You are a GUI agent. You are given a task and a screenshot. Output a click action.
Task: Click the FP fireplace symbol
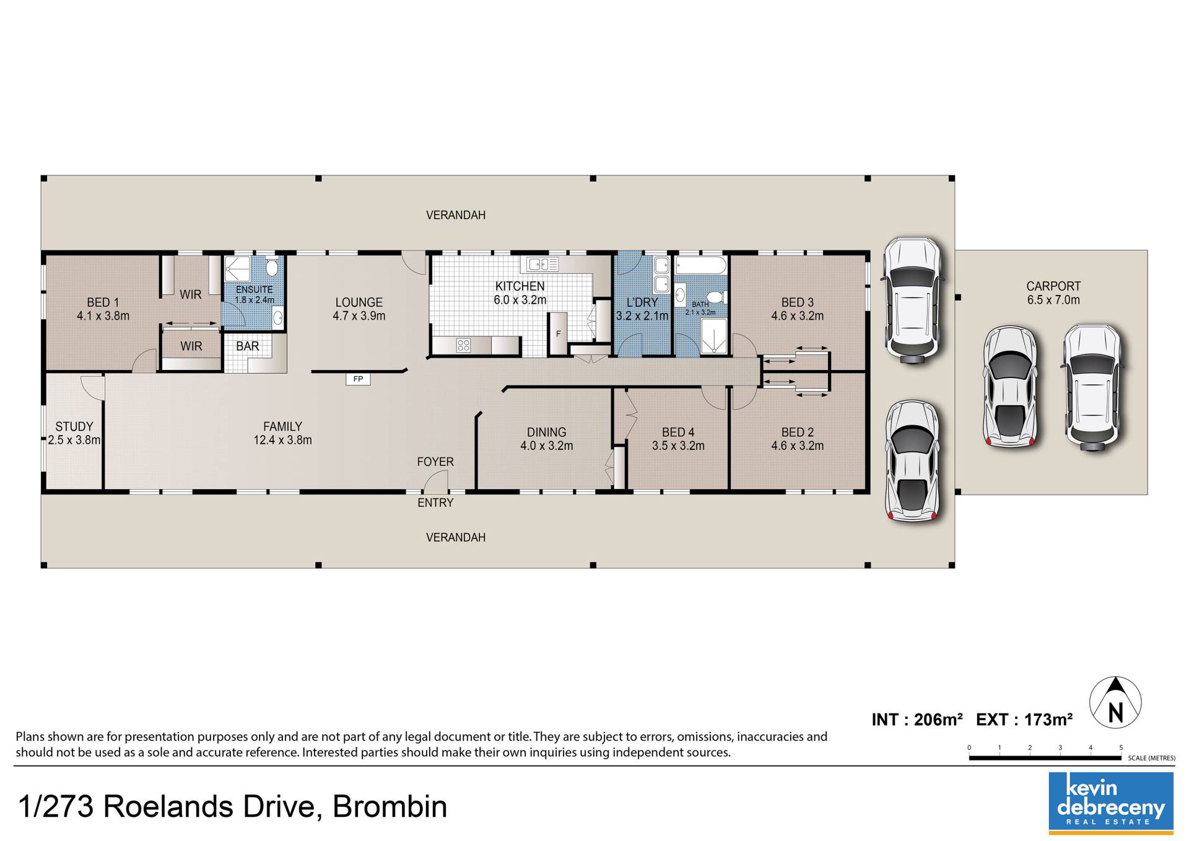[358, 379]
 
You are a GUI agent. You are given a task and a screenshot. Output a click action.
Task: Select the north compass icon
[1115, 710]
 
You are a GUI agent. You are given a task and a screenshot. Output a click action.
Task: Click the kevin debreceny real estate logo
[1111, 803]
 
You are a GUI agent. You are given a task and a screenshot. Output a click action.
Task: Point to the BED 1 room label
[103, 302]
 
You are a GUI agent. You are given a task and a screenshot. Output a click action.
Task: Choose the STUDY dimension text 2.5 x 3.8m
[74, 440]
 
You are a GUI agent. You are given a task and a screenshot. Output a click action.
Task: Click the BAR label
[248, 346]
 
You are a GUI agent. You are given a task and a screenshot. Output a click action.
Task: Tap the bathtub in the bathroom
[700, 266]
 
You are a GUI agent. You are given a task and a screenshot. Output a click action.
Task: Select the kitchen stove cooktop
[463, 345]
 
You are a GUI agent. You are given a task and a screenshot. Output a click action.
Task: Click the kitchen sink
[542, 265]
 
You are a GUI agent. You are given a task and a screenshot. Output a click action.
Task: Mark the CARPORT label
[1053, 286]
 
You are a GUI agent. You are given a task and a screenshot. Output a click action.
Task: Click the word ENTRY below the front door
[435, 503]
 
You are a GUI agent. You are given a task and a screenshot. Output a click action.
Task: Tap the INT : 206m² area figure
[917, 720]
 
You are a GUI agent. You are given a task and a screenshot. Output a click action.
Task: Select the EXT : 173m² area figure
[1024, 720]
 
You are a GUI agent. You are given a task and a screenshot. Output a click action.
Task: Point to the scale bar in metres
[1045, 757]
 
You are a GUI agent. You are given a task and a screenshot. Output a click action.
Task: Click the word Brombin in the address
[390, 807]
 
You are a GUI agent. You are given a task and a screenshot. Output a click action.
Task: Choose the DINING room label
[547, 432]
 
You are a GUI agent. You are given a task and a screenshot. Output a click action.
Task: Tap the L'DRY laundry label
[642, 302]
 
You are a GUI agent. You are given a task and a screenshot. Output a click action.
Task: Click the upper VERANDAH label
[456, 215]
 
